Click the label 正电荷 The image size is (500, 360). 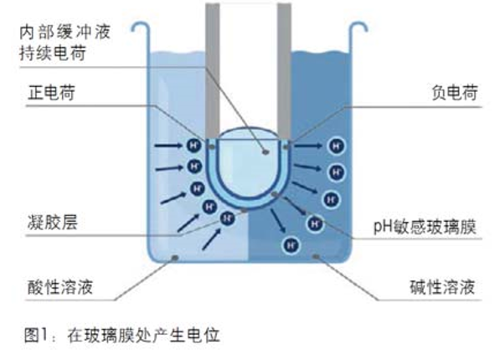coord(52,93)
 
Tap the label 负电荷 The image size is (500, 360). coord(455,93)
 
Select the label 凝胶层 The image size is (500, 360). coord(53,222)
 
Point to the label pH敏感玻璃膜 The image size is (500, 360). coord(425,227)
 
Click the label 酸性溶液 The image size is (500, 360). coord(60,287)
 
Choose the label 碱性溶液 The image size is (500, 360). coord(442,287)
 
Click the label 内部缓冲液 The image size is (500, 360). coord(64,33)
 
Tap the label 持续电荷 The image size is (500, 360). coord(53,53)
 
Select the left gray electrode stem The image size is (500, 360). coord(213,71)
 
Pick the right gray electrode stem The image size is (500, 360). coord(284,71)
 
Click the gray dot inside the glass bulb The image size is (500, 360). coord(265,152)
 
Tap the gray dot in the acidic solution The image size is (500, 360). coord(175,257)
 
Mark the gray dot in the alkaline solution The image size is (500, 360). coord(316,256)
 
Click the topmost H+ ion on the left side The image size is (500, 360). coord(193,146)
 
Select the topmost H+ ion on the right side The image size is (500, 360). coord(337,147)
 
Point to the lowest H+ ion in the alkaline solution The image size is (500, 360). coord(291,245)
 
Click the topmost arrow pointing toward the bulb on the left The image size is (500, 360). coord(168,146)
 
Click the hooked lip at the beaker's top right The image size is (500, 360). coord(358,28)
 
